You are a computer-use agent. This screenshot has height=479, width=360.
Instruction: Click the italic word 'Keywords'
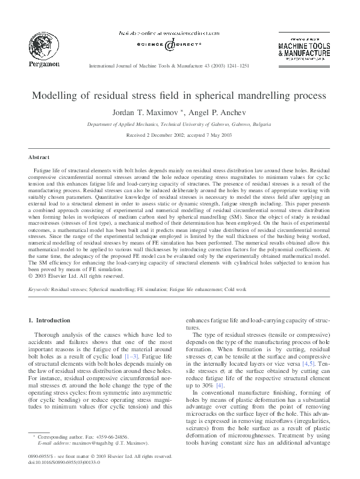[x=39, y=289]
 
